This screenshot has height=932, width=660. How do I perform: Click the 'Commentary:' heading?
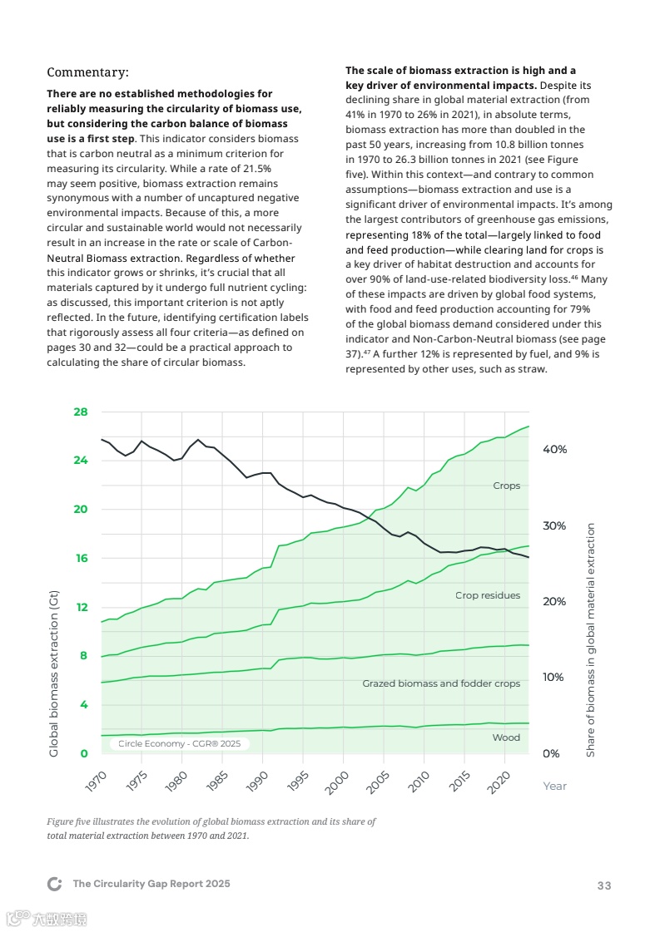pyautogui.click(x=87, y=72)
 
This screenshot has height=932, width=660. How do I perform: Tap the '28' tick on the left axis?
pyautogui.click(x=80, y=412)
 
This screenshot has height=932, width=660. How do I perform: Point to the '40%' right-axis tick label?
pyautogui.click(x=554, y=449)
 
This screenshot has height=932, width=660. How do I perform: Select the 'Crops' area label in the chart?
pyautogui.click(x=506, y=486)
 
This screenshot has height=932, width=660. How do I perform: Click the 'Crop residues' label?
pyautogui.click(x=488, y=595)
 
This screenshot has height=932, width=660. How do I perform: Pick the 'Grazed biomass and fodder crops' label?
pyautogui.click(x=441, y=683)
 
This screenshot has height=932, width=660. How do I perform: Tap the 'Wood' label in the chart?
pyautogui.click(x=506, y=737)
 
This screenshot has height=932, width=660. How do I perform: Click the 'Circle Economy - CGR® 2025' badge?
pyautogui.click(x=179, y=744)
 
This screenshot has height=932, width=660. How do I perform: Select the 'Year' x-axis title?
pyautogui.click(x=554, y=786)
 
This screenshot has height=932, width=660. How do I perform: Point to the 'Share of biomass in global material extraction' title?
pyautogui.click(x=591, y=640)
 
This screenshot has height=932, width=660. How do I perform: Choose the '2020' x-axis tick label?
pyautogui.click(x=497, y=779)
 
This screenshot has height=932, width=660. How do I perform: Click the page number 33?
pyautogui.click(x=604, y=885)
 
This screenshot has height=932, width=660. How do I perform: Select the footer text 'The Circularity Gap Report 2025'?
pyautogui.click(x=151, y=884)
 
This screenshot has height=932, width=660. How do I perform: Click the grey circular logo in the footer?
pyautogui.click(x=55, y=884)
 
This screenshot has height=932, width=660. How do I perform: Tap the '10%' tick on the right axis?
pyautogui.click(x=554, y=678)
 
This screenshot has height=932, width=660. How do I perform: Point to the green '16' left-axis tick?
pyautogui.click(x=81, y=558)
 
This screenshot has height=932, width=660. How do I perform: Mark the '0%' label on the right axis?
pyautogui.click(x=551, y=754)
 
